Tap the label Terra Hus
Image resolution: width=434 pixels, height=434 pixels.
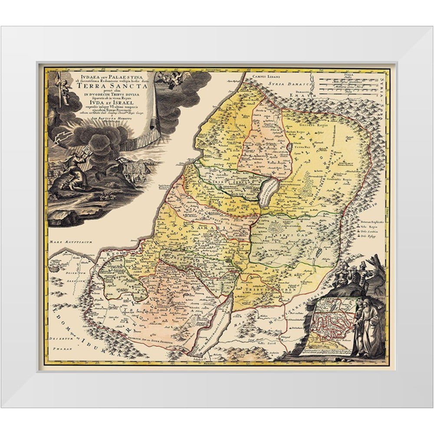(x=301, y=148)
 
